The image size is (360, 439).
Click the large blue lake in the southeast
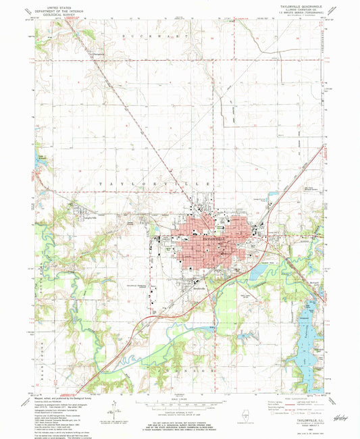click(303, 351)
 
